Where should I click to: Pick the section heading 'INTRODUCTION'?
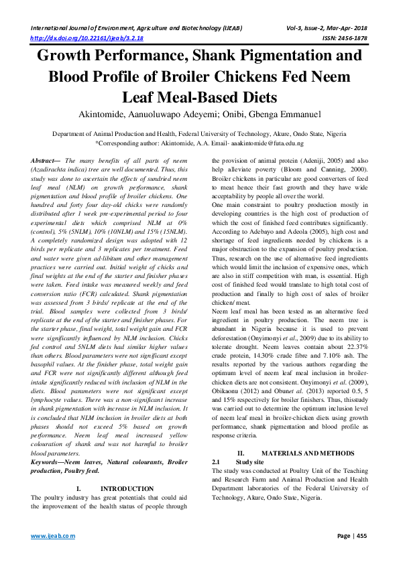[127, 488]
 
